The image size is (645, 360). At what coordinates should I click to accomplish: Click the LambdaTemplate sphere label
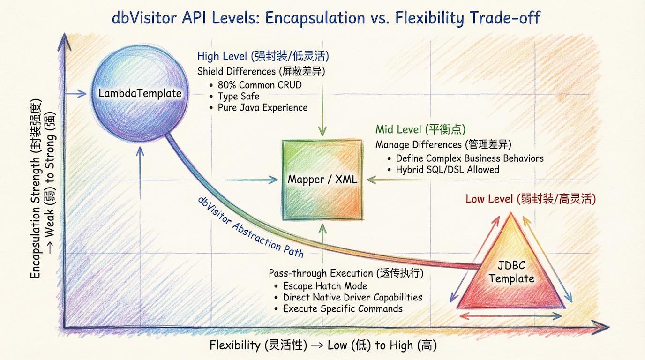140,93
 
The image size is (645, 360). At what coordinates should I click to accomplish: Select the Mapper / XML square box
322,179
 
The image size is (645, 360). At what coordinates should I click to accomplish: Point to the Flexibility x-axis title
323,345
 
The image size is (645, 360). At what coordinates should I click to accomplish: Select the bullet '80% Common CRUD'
259,85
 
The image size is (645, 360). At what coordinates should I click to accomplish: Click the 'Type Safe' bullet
238,97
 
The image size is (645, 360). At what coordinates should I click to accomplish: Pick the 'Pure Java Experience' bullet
262,108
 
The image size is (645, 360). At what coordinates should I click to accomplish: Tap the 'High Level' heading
263,56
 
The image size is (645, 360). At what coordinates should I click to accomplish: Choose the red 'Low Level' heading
530,199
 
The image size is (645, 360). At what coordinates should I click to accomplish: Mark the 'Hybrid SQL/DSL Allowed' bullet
447,170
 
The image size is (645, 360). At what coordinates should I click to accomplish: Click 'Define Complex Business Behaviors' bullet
469,158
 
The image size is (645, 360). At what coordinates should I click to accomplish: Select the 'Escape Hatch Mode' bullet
325,286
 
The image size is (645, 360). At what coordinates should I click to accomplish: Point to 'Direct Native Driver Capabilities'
352,297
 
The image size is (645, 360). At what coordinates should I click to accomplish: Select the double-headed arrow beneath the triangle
511,316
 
